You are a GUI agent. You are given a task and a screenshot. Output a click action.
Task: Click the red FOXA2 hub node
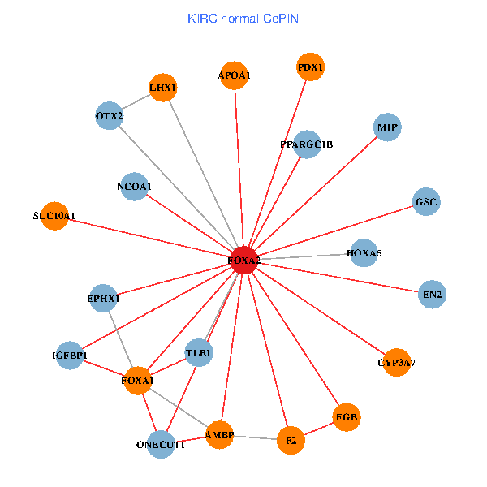point(243,260)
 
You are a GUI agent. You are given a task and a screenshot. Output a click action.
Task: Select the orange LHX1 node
point(162,88)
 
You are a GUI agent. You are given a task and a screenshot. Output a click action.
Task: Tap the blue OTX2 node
point(110,116)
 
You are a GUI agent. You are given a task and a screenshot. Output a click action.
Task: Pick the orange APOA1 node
point(235,75)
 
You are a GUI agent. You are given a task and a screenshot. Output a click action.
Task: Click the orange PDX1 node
point(310,67)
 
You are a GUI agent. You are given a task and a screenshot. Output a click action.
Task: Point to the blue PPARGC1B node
point(307,144)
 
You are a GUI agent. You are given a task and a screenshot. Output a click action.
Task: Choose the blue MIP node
point(387,127)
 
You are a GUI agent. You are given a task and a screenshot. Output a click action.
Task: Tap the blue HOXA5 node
point(364,253)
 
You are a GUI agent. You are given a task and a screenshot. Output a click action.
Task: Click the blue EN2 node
point(432,294)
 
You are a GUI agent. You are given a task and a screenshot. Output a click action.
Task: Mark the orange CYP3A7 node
point(396,362)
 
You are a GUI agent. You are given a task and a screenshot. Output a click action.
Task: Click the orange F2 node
point(290,441)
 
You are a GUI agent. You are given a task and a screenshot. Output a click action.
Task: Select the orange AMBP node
point(219,435)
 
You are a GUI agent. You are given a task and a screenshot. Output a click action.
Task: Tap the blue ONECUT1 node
point(161,445)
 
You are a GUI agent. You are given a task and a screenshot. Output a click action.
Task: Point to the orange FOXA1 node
point(138,380)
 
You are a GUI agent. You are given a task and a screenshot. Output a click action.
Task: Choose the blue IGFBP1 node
point(70,356)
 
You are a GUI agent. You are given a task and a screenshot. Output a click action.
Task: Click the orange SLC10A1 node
point(54,216)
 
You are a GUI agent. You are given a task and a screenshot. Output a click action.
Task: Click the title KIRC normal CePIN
point(243,18)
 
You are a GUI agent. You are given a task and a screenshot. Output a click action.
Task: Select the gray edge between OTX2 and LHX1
point(136,102)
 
